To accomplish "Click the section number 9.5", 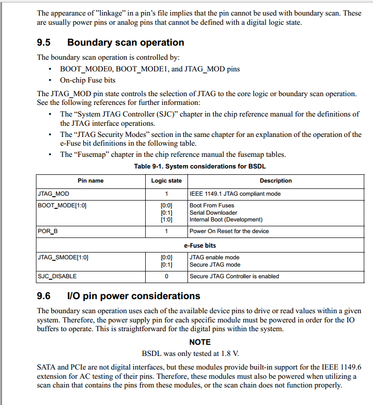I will coord(44,43).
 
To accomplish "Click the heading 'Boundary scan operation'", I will coord(125,43).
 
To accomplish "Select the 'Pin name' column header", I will coord(90,181).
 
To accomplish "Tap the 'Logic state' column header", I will coord(166,181).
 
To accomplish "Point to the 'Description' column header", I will coord(275,181).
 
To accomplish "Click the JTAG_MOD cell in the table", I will coord(53,194).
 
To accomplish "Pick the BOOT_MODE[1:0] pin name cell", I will coord(62,205).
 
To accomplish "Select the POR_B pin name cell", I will coord(48,231).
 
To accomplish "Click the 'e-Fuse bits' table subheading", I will coord(200,246).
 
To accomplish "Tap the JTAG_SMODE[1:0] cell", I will coord(63,257).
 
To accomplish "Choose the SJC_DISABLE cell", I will coord(57,276).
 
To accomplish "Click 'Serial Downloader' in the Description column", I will coord(213,213).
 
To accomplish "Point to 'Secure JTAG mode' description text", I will coord(215,265).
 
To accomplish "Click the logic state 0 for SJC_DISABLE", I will coord(166,276).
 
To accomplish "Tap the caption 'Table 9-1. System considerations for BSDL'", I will coord(200,167).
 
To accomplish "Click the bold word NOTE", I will coord(200,342).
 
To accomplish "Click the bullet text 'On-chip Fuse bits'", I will coord(87,80).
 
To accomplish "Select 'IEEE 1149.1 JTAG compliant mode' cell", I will coord(235,194).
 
